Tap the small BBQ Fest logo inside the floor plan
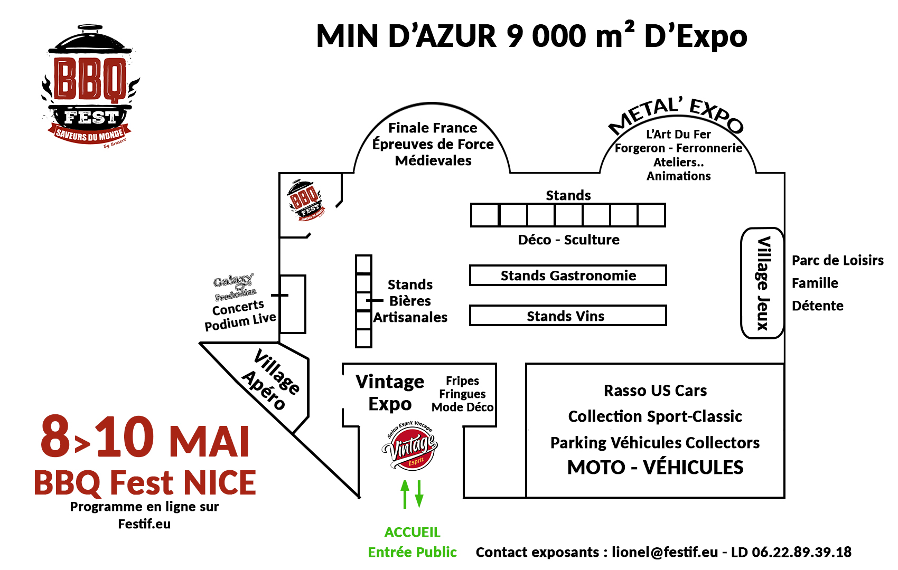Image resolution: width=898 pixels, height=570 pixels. tap(305, 200)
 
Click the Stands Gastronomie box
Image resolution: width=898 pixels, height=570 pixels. tap(568, 275)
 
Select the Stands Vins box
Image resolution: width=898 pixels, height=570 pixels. tap(567, 316)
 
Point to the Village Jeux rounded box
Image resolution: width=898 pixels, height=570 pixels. tap(762, 283)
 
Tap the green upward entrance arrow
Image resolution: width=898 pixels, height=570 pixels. tap(405, 494)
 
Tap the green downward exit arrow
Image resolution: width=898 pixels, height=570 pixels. tap(419, 494)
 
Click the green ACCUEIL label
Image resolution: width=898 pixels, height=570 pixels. tap(412, 532)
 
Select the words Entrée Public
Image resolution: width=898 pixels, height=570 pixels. tap(412, 552)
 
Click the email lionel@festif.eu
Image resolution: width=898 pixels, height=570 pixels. tap(665, 552)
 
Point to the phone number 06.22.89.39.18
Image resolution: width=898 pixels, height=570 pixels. tap(801, 552)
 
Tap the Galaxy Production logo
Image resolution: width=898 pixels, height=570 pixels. tap(235, 287)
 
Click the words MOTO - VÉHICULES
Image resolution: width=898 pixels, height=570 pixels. tap(655, 467)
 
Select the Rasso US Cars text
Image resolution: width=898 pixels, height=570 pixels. tap(655, 391)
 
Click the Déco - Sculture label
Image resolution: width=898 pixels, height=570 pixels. tap(568, 240)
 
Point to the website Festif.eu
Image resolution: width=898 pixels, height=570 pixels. tap(144, 524)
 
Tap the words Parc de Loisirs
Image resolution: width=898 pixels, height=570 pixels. tap(837, 260)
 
